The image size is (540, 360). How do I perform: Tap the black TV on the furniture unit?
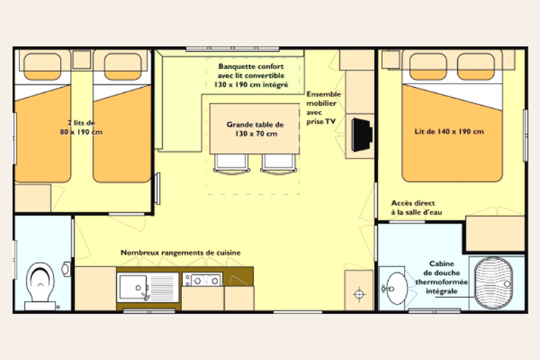click(361, 135)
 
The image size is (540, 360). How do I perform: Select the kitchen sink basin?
click(132, 287)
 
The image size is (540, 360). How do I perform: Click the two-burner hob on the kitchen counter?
click(202, 280)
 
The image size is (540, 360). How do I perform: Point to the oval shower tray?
click(493, 282)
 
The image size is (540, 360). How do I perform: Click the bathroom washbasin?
click(396, 288)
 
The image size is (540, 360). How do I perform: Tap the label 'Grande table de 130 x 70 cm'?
click(255, 129)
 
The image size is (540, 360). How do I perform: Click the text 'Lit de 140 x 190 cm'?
click(449, 131)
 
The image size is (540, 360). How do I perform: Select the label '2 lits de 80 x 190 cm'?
click(81, 127)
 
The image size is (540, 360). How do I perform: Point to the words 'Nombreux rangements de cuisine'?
click(181, 253)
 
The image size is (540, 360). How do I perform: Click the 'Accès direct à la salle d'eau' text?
click(416, 207)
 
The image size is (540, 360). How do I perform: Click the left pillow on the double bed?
click(428, 66)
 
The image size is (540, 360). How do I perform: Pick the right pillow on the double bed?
click(476, 66)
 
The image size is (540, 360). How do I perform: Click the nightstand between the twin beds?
click(81, 60)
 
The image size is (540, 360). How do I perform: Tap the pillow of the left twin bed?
click(42, 66)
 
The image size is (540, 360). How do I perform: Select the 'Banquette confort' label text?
click(251, 66)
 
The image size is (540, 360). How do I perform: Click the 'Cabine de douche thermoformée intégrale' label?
click(441, 277)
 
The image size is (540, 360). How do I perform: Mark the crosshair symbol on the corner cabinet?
click(359, 294)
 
